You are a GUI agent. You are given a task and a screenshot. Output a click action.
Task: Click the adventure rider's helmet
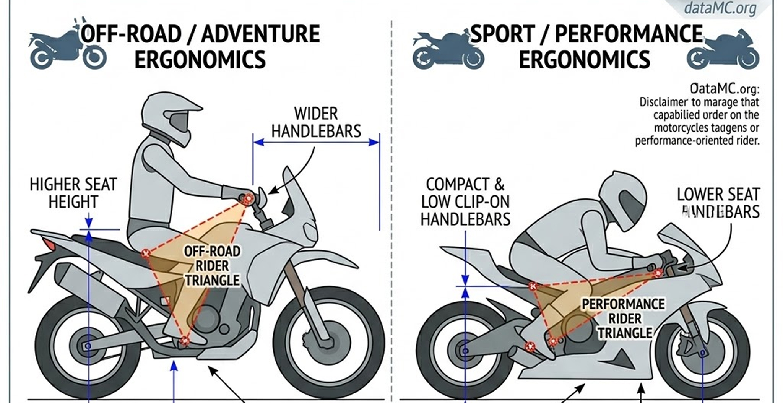point(168,115)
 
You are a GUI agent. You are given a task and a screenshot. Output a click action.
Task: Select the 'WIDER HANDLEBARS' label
point(316,122)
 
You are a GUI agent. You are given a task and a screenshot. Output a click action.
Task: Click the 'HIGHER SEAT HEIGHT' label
point(73,193)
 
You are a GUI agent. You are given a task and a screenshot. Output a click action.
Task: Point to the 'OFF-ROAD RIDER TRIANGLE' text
point(212,266)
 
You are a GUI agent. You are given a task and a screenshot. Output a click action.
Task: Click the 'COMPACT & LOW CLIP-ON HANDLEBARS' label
point(465,202)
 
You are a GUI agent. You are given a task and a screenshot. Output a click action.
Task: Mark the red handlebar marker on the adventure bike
point(249,198)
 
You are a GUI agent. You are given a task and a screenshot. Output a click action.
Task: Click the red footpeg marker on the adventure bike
point(185,340)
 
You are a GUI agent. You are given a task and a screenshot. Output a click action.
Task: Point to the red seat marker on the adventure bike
point(146,253)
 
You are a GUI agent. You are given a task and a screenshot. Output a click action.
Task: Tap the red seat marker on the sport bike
point(533,286)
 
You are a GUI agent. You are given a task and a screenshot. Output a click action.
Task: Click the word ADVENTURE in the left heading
point(260,34)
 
